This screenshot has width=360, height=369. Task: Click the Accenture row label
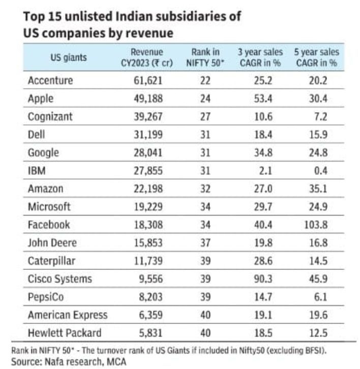tap(50, 80)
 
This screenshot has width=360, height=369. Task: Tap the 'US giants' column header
tap(69, 57)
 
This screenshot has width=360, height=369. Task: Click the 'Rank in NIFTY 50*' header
tap(205, 57)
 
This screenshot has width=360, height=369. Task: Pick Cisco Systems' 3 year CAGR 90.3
tap(262, 279)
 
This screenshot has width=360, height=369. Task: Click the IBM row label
tap(37, 171)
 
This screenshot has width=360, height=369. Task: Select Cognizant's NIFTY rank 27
tap(205, 116)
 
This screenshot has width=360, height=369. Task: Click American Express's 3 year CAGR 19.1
tap(262, 315)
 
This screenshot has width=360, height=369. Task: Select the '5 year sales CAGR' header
tap(316, 57)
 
